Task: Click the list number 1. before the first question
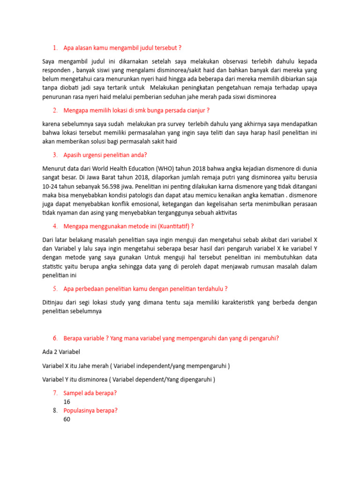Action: point(55,48)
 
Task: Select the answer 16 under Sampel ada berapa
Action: point(67,402)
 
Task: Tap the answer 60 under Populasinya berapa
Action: point(67,419)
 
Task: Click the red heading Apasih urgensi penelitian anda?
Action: point(108,155)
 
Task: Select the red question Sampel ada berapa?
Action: point(90,393)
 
